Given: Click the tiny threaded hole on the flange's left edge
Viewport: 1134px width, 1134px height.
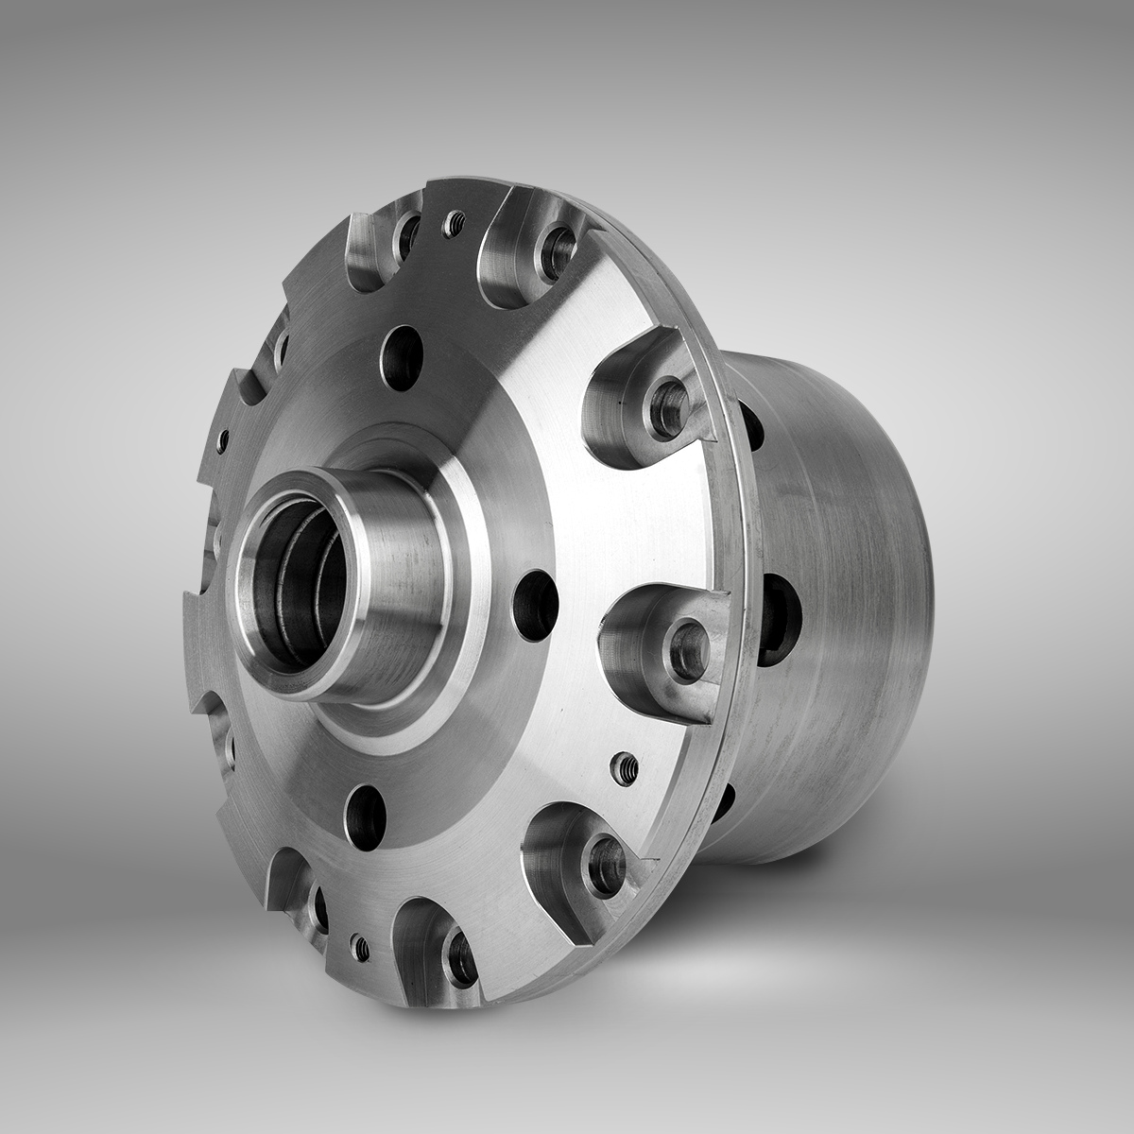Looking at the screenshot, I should tap(223, 439).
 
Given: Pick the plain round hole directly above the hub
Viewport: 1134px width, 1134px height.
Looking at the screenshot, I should tap(402, 357).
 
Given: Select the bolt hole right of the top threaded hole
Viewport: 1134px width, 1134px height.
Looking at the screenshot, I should tap(555, 249).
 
